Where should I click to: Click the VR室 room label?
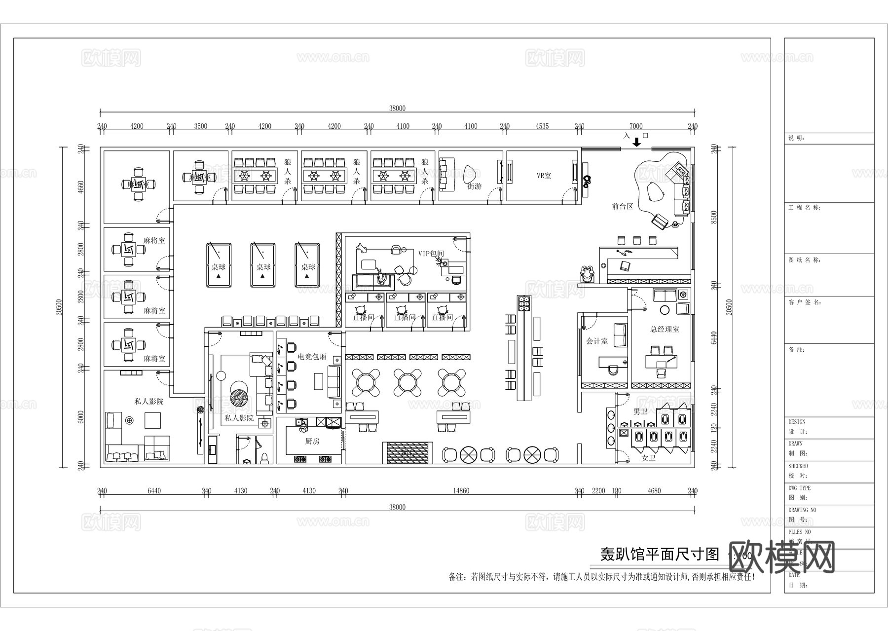544,176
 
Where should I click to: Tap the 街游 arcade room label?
474,186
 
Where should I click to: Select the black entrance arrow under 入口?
636,143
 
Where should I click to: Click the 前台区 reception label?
622,207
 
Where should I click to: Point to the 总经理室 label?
665,330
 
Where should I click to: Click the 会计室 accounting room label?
597,341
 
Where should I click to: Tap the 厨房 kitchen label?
312,442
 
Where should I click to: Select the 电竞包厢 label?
312,357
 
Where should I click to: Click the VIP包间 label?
431,254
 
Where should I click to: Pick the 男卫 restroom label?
640,411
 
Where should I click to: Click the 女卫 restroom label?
648,458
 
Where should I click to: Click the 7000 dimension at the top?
636,126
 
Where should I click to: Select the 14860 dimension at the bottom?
461,491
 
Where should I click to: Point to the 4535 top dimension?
542,126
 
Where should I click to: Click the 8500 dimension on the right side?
713,217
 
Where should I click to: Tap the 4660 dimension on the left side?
81,187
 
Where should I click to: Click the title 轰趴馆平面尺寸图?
660,555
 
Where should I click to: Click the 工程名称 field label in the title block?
804,208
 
